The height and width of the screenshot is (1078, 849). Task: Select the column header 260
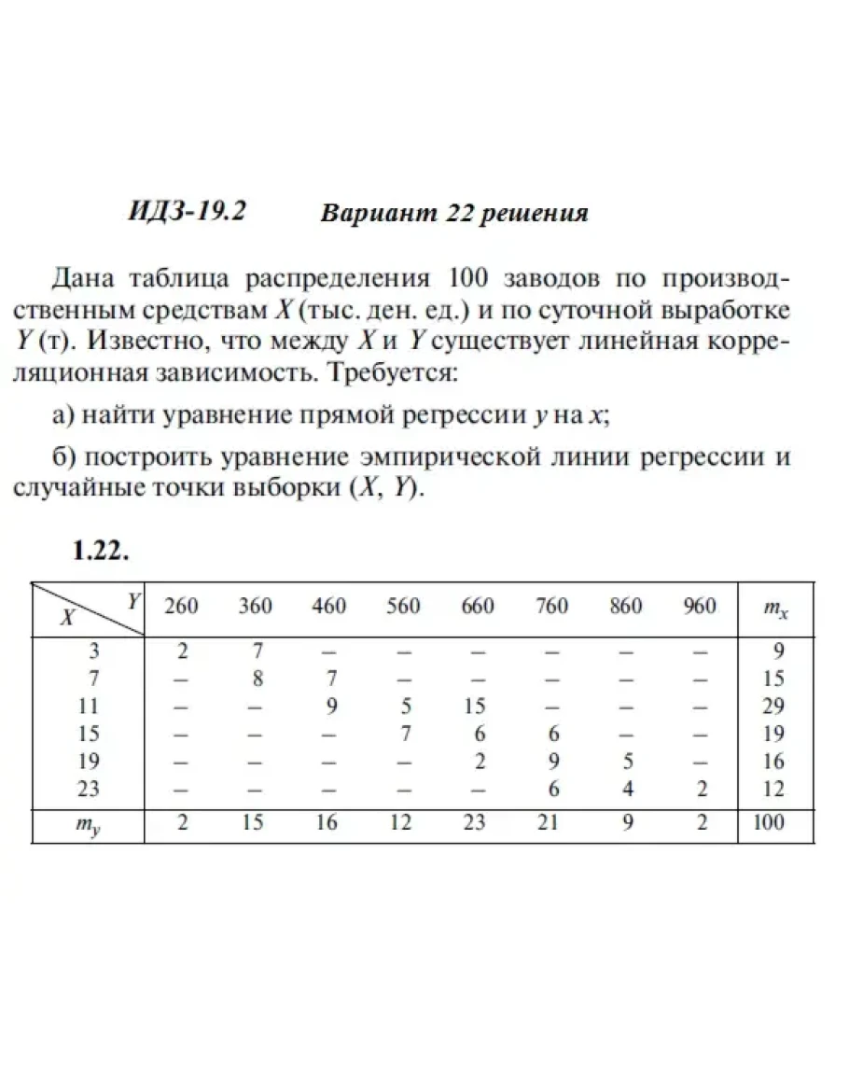[181, 607]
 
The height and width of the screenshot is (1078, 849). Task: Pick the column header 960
[699, 607]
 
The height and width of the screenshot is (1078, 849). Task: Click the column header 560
[403, 607]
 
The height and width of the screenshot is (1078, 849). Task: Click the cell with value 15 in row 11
[477, 706]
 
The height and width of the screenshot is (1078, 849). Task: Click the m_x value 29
[772, 706]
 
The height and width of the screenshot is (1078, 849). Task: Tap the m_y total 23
[477, 823]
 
